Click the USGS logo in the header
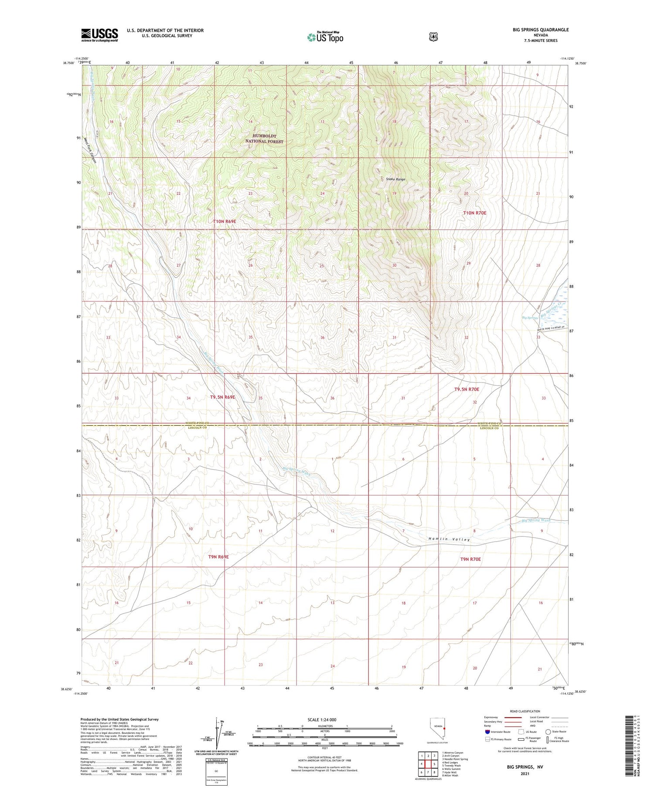(99, 35)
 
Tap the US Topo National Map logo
(325, 37)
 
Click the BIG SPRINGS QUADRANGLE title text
(541, 30)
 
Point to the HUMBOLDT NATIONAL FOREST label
(264, 139)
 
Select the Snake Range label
(395, 179)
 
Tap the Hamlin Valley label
(449, 539)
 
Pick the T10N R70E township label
(474, 213)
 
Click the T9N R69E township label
(218, 557)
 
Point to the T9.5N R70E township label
(467, 389)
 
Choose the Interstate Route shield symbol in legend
(487, 732)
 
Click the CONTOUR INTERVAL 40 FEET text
(324, 757)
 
